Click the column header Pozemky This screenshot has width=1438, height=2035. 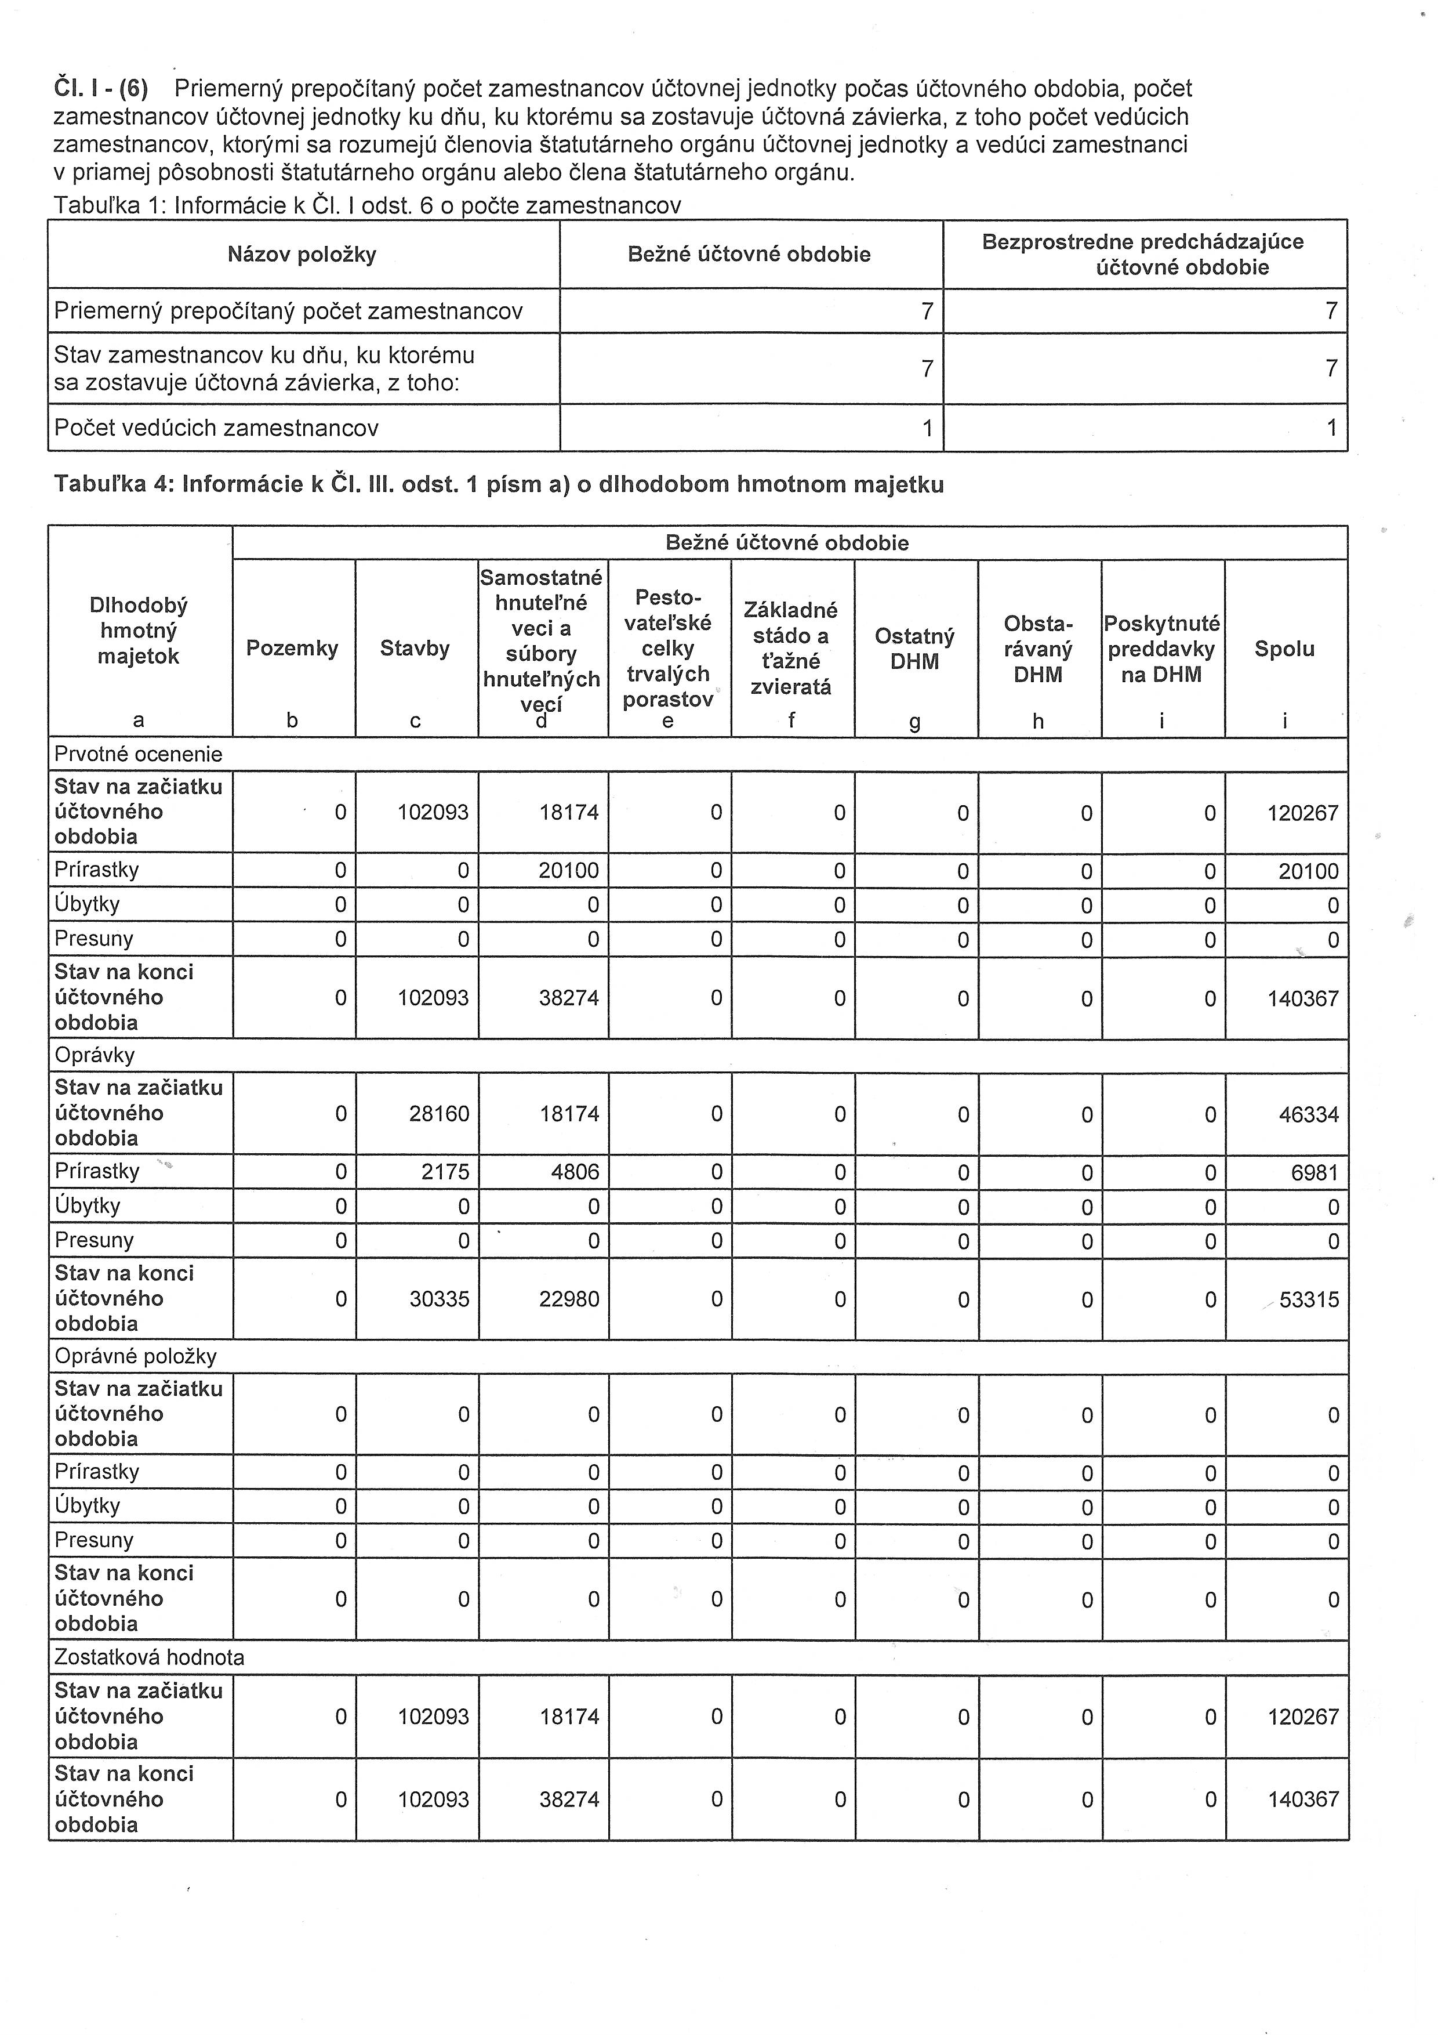[x=292, y=649]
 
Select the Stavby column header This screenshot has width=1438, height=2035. [x=415, y=649]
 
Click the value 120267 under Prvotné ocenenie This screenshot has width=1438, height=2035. [x=1302, y=813]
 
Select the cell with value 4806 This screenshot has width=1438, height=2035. [x=575, y=1172]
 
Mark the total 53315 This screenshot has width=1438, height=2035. [x=1309, y=1300]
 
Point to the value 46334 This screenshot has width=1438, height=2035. [x=1309, y=1115]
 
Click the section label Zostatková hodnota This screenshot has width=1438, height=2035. [x=149, y=1657]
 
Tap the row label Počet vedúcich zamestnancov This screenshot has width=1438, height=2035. [x=216, y=428]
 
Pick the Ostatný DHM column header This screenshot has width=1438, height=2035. [x=914, y=649]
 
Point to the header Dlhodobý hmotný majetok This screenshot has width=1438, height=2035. [x=138, y=631]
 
